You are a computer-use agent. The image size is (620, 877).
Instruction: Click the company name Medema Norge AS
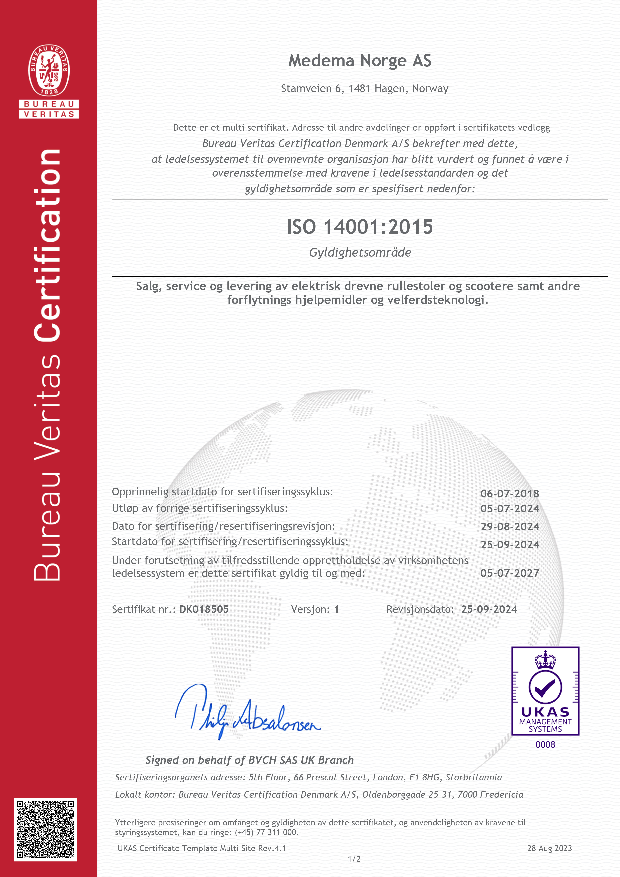360,61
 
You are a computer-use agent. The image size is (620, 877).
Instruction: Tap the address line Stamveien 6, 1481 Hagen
364,89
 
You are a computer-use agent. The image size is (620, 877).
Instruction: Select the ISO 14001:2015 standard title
360,227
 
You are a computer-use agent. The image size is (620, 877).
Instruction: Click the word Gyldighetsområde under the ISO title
360,253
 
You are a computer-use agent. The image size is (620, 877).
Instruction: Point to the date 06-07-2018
510,493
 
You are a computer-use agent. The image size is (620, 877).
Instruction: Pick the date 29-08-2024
510,527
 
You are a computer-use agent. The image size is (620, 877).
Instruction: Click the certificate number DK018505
204,609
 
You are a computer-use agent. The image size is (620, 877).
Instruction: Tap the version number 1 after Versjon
336,609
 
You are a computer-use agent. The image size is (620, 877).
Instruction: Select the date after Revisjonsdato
489,609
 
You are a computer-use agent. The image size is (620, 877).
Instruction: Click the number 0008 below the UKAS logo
545,744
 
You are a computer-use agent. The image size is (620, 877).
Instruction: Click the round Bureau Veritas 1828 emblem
49,70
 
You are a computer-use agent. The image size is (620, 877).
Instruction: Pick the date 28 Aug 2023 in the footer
549,848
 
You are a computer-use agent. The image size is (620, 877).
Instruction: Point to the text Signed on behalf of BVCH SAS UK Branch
250,760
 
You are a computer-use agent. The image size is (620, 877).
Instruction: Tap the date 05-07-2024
510,509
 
